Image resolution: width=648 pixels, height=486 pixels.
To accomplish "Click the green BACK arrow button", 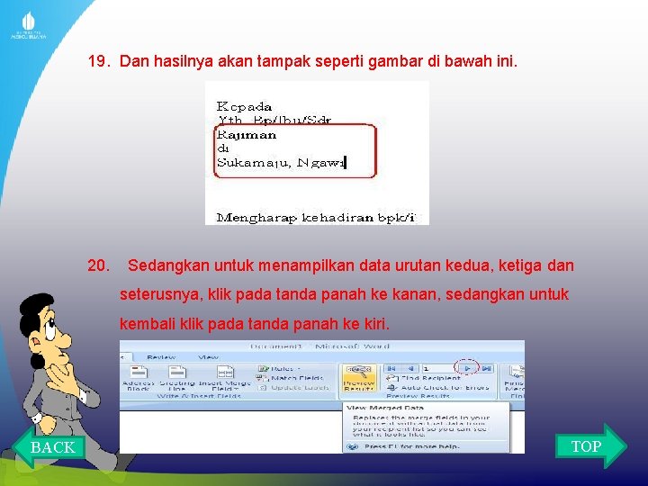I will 49,446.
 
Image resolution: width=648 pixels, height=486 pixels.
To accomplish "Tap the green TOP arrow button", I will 589,445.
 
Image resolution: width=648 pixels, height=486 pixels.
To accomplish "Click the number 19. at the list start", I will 99,62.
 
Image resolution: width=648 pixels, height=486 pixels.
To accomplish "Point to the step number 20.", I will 99,265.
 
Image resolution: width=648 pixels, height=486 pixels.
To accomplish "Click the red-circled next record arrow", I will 466,367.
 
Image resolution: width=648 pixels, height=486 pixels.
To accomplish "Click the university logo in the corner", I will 28,23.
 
